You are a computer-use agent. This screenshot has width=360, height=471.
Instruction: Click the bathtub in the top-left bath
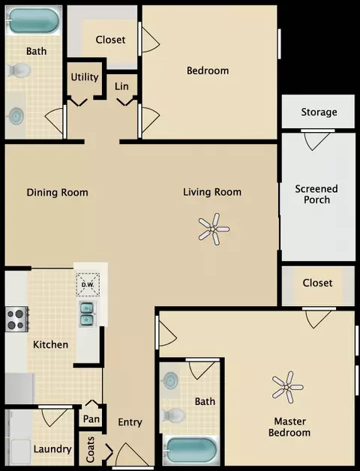click(34, 20)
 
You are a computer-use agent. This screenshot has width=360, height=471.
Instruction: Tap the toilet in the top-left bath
click(19, 70)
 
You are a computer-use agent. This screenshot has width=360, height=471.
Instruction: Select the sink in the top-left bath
click(16, 115)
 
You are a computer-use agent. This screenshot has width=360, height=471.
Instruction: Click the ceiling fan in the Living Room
click(214, 229)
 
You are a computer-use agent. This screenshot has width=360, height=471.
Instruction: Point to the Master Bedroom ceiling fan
click(287, 387)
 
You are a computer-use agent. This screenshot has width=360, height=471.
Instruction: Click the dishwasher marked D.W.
click(88, 284)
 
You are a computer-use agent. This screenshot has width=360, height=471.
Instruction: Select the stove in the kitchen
click(16, 319)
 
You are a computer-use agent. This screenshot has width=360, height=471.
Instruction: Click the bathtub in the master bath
click(191, 451)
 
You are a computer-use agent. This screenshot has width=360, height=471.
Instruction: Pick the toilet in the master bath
click(174, 415)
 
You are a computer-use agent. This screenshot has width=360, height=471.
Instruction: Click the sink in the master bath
click(171, 379)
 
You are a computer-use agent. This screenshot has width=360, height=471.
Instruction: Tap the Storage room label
click(319, 112)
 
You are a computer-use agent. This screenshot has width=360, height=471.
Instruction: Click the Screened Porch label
click(316, 194)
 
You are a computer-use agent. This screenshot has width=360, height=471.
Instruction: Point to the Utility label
click(85, 77)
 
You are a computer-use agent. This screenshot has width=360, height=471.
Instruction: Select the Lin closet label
click(121, 86)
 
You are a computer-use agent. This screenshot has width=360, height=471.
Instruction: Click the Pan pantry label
click(91, 418)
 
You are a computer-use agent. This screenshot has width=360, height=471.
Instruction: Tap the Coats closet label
click(90, 449)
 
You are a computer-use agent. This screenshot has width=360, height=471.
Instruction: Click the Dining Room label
click(58, 192)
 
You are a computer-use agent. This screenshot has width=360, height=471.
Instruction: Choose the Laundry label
click(52, 449)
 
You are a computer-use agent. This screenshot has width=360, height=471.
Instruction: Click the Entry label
click(130, 422)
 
